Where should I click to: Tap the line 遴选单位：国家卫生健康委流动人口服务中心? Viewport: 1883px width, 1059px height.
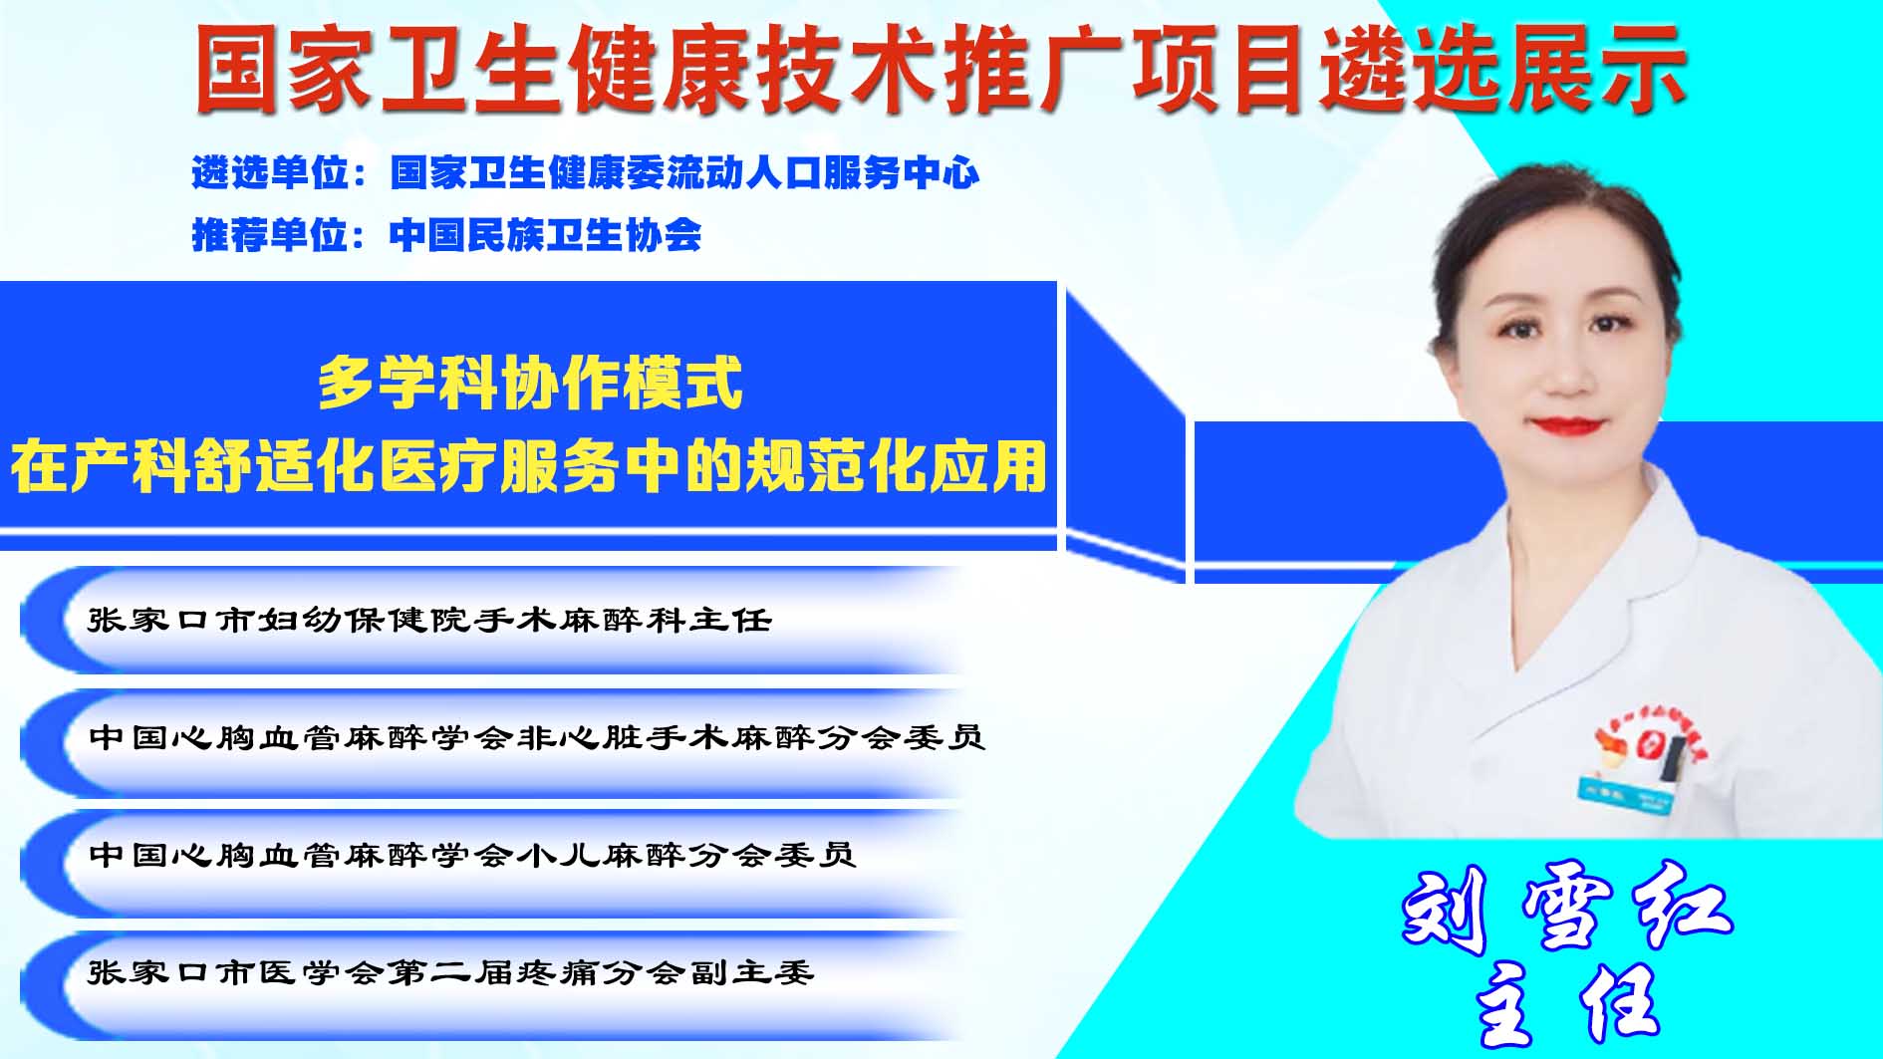pos(586,173)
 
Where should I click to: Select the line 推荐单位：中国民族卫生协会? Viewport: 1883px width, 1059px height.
pos(446,235)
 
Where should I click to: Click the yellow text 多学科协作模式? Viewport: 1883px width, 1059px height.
pos(530,384)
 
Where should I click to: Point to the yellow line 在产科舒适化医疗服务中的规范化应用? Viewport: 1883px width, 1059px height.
pos(529,465)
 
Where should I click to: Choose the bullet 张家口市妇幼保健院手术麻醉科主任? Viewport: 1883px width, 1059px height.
pos(429,620)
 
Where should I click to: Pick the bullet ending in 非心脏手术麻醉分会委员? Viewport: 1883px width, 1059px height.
pos(537,737)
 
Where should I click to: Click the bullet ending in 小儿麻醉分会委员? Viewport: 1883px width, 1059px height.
pos(472,855)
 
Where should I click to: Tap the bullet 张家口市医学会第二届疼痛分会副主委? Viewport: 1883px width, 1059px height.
pos(451,971)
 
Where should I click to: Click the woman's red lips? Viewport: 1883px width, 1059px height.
pos(1568,426)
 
